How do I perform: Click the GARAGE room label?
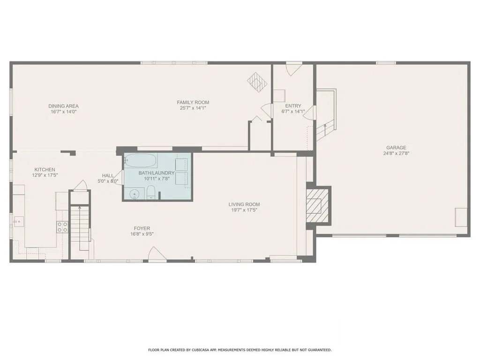[x=396, y=148]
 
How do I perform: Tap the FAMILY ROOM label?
[x=193, y=102]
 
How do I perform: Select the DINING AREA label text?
[x=63, y=106]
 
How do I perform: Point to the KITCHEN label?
[x=45, y=170]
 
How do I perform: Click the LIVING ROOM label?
[x=244, y=204]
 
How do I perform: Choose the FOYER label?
[x=142, y=228]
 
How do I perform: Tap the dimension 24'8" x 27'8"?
[x=396, y=153]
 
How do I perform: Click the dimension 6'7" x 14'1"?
[x=293, y=112]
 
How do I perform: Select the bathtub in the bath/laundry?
[x=141, y=160]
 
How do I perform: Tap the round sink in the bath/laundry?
[x=135, y=194]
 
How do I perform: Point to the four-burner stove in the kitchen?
[x=62, y=227]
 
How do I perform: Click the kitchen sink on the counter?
[x=18, y=221]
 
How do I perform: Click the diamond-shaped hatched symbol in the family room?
[x=257, y=82]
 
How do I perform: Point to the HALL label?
[x=108, y=175]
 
